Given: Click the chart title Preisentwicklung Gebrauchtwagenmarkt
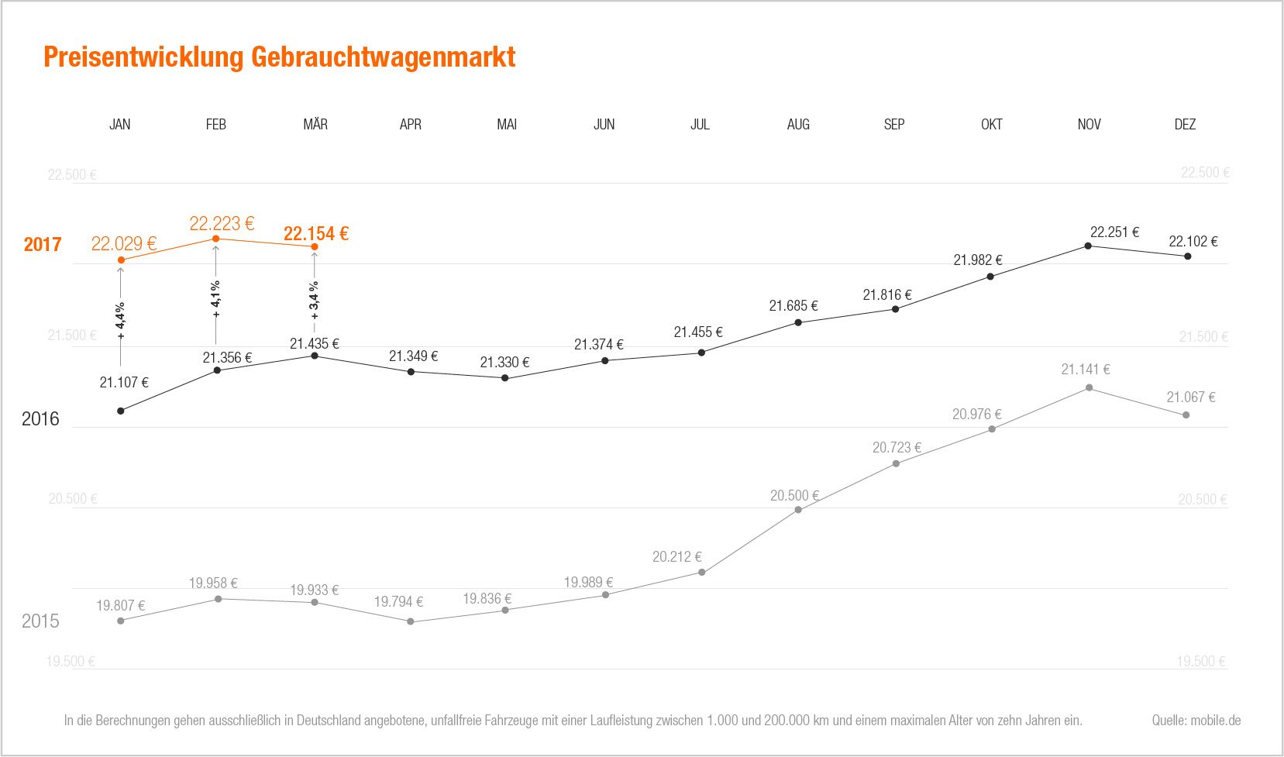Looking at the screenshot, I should [x=279, y=57].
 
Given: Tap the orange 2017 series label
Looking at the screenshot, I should [x=42, y=245].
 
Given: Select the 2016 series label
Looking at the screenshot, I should [x=40, y=419].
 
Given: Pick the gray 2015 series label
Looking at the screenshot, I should [x=40, y=621].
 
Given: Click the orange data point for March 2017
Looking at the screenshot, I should [x=315, y=246].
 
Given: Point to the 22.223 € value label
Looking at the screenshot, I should [x=222, y=224].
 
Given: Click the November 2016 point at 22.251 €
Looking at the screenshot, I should [x=1088, y=246].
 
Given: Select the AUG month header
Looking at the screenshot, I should [x=798, y=124].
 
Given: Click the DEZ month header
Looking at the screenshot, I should [x=1185, y=124].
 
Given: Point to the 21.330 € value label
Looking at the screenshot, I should [x=504, y=363].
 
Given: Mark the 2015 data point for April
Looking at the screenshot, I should [x=411, y=621].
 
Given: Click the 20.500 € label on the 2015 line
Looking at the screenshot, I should [x=794, y=496].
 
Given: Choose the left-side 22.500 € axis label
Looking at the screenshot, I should [x=72, y=175].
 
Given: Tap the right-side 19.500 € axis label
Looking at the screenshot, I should [x=1201, y=662].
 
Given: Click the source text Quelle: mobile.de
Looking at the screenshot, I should [x=1196, y=721].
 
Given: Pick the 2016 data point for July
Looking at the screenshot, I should [x=701, y=353].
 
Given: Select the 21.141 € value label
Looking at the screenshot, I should [x=1085, y=370].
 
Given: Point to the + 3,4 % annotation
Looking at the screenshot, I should [x=314, y=300].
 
